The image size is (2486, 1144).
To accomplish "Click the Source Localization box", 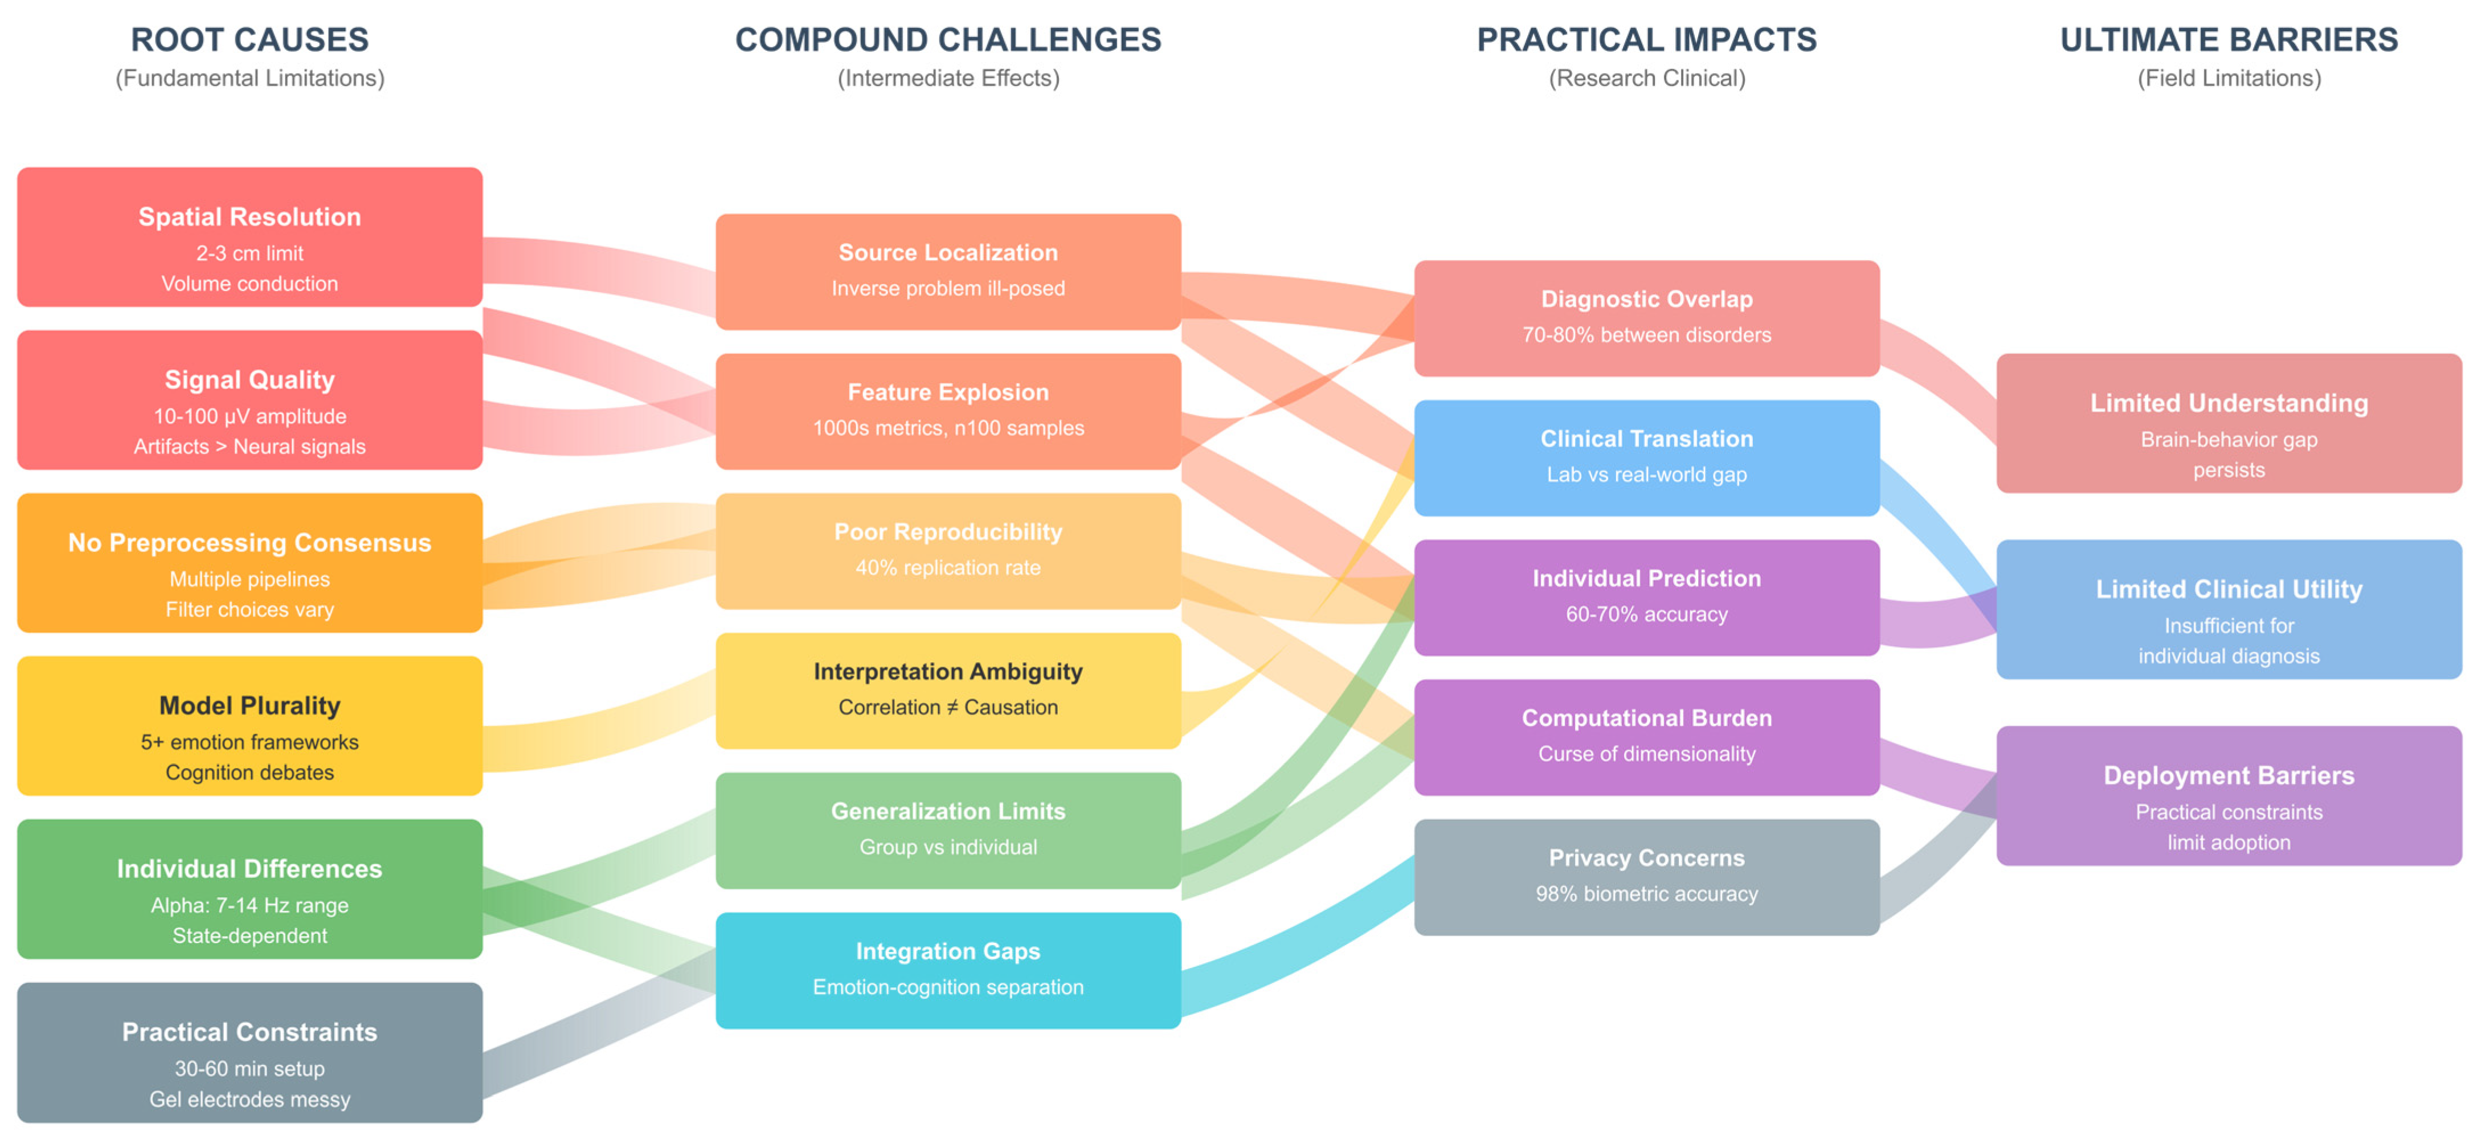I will coord(948,271).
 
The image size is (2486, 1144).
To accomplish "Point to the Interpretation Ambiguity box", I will coord(948,691).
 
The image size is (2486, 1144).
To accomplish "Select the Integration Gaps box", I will coord(948,970).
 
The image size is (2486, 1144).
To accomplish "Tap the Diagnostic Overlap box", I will coord(1646,317).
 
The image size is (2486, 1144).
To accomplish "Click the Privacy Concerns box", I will coord(1646,877).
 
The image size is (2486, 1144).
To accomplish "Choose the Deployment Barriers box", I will coord(2229,795).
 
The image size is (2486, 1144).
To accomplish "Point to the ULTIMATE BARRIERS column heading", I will coord(2229,39).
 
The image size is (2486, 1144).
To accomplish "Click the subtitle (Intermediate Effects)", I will coord(948,78).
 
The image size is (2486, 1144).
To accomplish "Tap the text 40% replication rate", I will coord(948,567).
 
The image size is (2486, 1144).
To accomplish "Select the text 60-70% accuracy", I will coord(1646,614).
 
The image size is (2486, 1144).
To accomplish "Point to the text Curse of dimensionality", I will coord(1646,754).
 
